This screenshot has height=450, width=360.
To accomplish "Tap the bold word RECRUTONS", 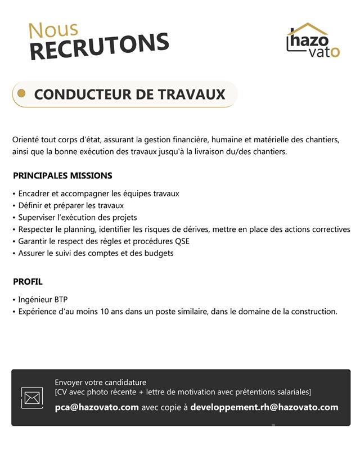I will [99, 46].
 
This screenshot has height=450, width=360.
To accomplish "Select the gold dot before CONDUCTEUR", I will [22, 93].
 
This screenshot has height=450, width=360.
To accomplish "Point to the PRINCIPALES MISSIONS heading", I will [62, 175].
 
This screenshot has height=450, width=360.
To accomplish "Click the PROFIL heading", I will [28, 281].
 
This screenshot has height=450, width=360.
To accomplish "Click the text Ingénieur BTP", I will [43, 299].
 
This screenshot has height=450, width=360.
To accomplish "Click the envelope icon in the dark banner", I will [32, 398].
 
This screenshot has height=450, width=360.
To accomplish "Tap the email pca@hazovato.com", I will [97, 407].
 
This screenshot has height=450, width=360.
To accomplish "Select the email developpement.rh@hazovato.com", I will [264, 407].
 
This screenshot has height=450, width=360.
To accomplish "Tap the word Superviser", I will [38, 217].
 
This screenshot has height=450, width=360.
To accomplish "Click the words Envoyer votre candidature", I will [100, 382].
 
